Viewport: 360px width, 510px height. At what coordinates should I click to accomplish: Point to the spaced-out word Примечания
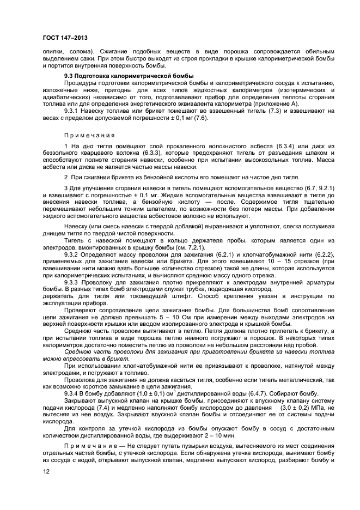[90, 135]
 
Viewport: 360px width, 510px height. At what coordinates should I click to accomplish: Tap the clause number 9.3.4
[74, 393]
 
